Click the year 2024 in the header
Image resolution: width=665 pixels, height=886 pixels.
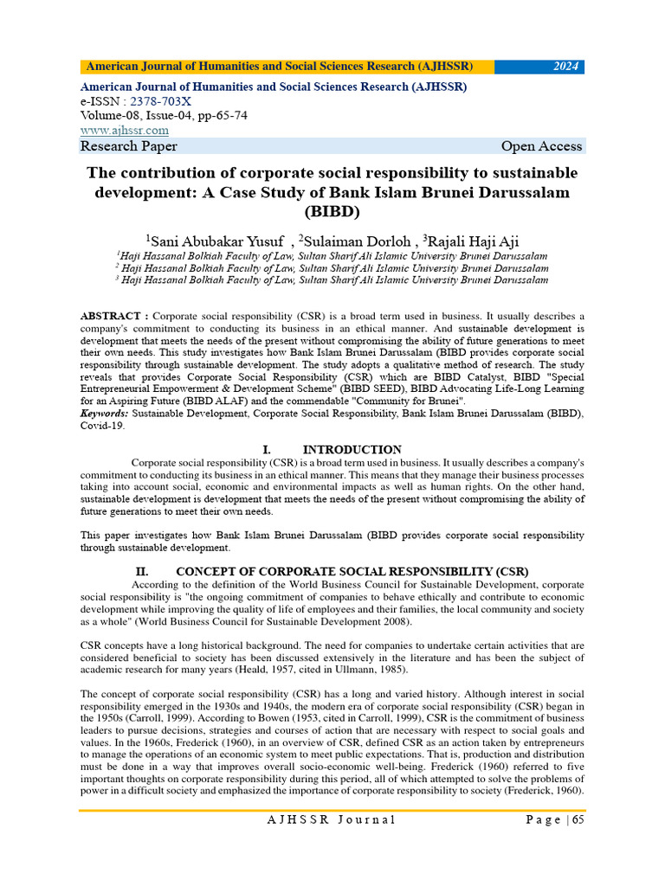pyautogui.click(x=566, y=67)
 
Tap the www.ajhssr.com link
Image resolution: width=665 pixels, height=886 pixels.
pyautogui.click(x=124, y=130)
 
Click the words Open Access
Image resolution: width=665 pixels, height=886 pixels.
pyautogui.click(x=541, y=146)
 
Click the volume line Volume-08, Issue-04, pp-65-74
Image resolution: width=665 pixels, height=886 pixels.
pyautogui.click(x=164, y=115)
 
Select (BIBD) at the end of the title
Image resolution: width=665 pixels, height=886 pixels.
pyautogui.click(x=332, y=210)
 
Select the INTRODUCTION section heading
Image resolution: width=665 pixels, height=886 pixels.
pyautogui.click(x=352, y=450)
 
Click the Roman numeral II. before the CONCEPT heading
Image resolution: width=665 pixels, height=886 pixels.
pyautogui.click(x=143, y=571)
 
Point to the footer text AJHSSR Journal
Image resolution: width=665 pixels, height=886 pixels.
pyautogui.click(x=331, y=820)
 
